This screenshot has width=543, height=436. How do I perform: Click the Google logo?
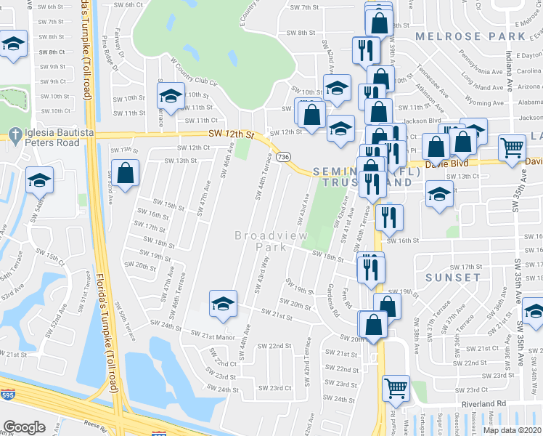pyautogui.click(x=24, y=427)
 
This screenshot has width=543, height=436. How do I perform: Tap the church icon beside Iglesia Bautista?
pyautogui.click(x=13, y=134)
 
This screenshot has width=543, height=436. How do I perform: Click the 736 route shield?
pyautogui.click(x=284, y=157)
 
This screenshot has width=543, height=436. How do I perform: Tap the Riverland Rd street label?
pyautogui.click(x=484, y=403)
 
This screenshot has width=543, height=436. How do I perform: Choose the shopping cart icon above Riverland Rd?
pyautogui.click(x=396, y=388)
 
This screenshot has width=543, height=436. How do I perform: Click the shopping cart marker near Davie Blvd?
pyautogui.click(x=513, y=148)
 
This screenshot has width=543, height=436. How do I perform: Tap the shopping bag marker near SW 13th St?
pyautogui.click(x=126, y=173)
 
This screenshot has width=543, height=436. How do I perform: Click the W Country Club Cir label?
pyautogui.click(x=194, y=72)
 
